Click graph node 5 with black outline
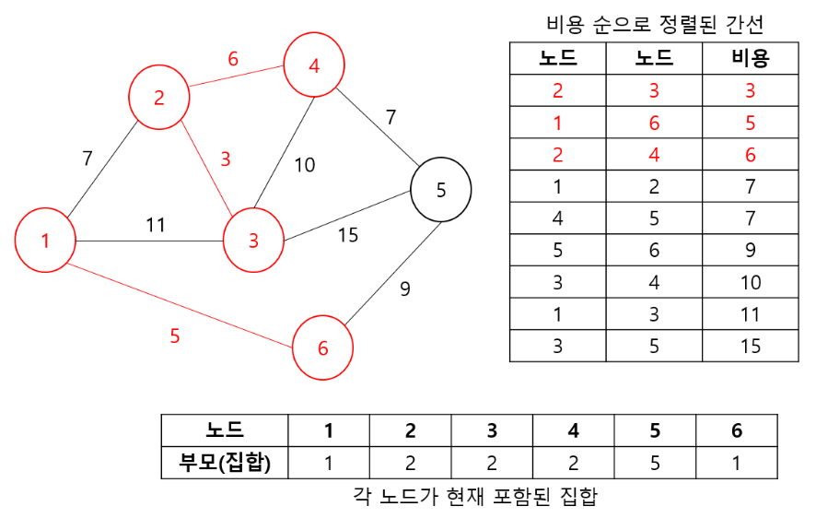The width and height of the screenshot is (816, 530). [x=440, y=189]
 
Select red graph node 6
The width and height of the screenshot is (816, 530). [x=322, y=347]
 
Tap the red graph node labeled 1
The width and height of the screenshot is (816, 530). [x=45, y=240]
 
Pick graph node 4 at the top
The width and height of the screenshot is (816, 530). [x=314, y=65]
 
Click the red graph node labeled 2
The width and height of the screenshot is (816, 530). [x=159, y=97]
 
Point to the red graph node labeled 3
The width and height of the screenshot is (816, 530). [x=253, y=240]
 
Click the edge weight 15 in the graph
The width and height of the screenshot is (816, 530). [x=347, y=235]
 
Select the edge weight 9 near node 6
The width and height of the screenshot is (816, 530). [x=404, y=289]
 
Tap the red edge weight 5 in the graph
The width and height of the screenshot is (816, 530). [x=175, y=336]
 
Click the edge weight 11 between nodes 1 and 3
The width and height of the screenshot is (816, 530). [x=156, y=224]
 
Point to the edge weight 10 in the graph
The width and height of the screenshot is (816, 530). [x=304, y=165]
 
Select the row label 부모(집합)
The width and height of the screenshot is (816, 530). [x=225, y=463]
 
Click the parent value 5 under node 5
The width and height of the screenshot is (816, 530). [x=655, y=463]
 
